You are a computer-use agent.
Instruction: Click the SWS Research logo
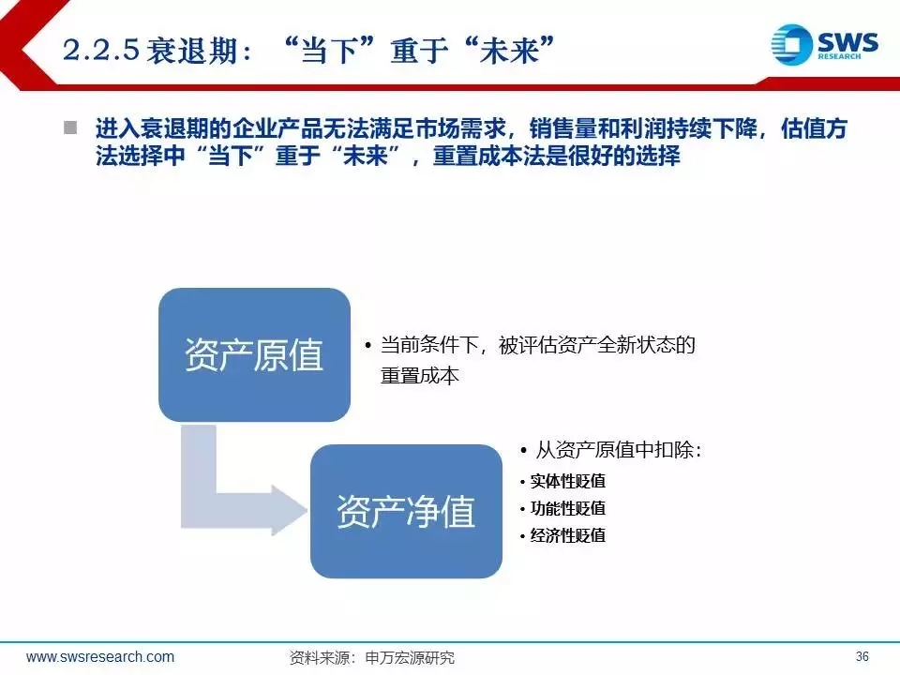[824, 44]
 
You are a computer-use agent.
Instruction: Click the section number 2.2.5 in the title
[101, 50]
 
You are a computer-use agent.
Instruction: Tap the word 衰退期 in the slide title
[191, 50]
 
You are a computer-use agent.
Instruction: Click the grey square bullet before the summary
[70, 127]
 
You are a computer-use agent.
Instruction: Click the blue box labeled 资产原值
[254, 354]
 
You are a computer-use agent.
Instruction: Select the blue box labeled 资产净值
[406, 511]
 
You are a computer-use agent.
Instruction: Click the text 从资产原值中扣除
[615, 449]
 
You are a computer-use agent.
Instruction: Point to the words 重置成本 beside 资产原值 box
[420, 375]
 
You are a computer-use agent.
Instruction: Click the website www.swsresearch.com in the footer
[100, 656]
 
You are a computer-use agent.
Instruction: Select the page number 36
[862, 656]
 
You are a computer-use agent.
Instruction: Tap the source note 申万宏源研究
[410, 657]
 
